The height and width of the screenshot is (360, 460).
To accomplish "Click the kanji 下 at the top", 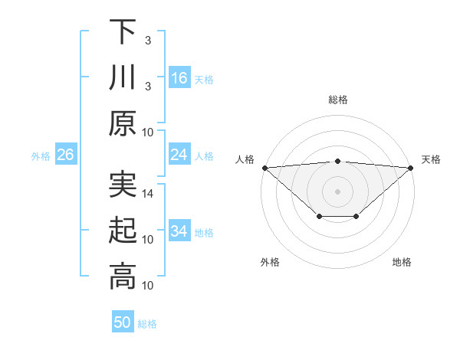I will [123, 31].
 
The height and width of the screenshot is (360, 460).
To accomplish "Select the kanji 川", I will [123, 77].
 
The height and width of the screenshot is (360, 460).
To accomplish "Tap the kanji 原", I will [123, 123].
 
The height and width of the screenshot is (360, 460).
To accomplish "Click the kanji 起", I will [123, 231].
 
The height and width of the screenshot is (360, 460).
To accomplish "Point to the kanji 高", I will [123, 277].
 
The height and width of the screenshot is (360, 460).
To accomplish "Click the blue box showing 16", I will [179, 78].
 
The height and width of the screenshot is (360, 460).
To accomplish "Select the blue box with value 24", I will [179, 155].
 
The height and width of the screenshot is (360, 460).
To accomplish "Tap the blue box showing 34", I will [179, 231].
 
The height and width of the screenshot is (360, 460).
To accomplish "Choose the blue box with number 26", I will [65, 155].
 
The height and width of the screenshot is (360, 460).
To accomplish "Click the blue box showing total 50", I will [123, 322].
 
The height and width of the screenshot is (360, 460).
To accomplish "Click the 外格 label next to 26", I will [41, 156].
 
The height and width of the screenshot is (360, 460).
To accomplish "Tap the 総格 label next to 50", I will [147, 324].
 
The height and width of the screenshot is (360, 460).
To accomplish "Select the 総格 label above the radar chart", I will [337, 100].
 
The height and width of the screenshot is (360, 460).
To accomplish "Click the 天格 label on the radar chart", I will [431, 159].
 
